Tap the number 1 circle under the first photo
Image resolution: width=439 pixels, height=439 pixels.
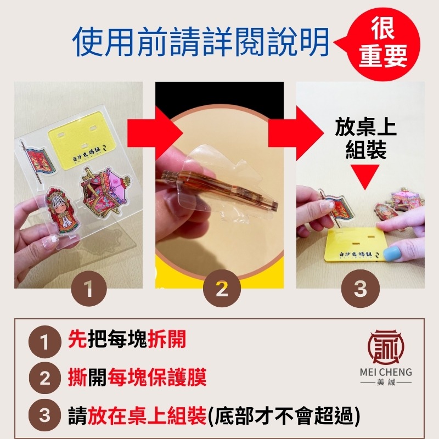pyautogui.click(x=88, y=290)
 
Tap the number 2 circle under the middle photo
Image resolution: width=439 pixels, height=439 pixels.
pyautogui.click(x=222, y=290)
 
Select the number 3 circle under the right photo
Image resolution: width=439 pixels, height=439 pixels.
pyautogui.click(x=360, y=290)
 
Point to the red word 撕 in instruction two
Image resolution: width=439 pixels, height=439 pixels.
pyautogui.click(x=77, y=378)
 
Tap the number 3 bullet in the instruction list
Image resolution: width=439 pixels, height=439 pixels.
pyautogui.click(x=45, y=415)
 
